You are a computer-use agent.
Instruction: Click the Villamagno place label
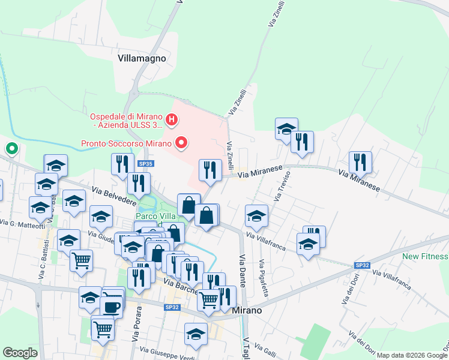coord(142,59)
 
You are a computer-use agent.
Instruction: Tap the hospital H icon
coord(172,121)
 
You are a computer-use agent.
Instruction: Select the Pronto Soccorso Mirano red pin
coord(181,143)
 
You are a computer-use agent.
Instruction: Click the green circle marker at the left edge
coord(11,148)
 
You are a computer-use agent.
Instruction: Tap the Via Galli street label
coord(265,349)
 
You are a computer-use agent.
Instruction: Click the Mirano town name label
coord(246,310)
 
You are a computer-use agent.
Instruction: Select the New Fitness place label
coord(425,256)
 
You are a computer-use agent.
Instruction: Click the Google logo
coord(20,353)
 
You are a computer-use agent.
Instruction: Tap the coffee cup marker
coord(111,305)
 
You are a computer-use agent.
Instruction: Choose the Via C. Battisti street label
coord(44,263)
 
